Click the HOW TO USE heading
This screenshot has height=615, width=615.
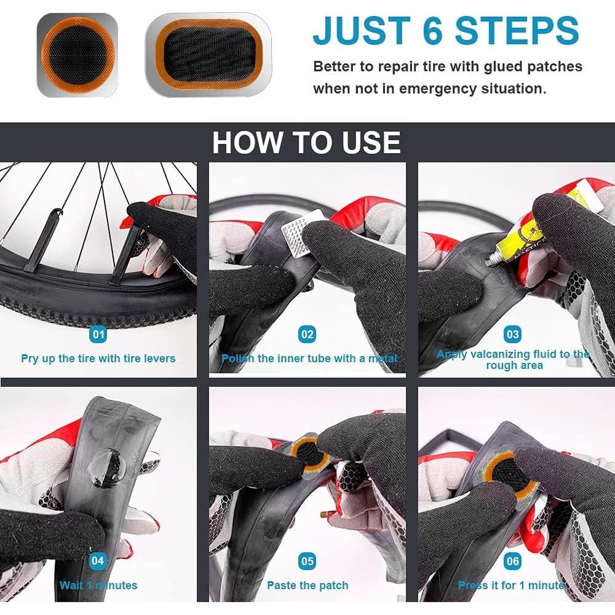(x=306, y=143)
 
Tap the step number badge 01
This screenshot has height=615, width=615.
(x=98, y=335)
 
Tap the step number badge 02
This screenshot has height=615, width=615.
(x=307, y=335)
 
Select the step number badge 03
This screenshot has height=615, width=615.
(x=512, y=335)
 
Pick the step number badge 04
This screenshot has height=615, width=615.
(x=98, y=561)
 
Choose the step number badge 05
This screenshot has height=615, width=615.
(x=307, y=561)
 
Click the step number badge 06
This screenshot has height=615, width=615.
(x=512, y=561)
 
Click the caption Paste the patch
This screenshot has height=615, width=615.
(x=307, y=585)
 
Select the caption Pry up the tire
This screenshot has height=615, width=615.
(x=98, y=358)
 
